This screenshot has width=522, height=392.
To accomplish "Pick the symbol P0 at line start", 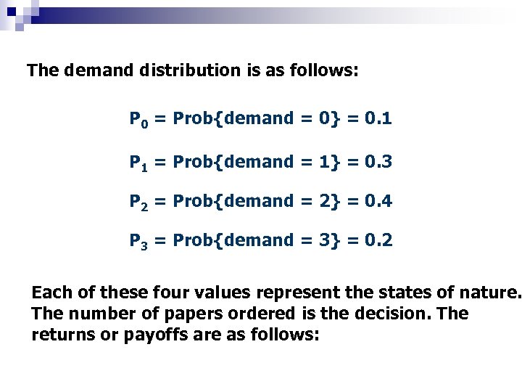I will click(x=138, y=118).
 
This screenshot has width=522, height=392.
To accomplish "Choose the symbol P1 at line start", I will click(x=138, y=163).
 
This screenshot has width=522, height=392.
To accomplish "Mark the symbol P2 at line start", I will click(x=138, y=201).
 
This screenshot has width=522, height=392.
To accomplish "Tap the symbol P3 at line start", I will click(x=138, y=240).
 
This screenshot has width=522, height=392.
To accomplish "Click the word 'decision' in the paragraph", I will click(x=391, y=314).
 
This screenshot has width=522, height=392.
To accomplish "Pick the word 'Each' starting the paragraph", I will click(x=50, y=294).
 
